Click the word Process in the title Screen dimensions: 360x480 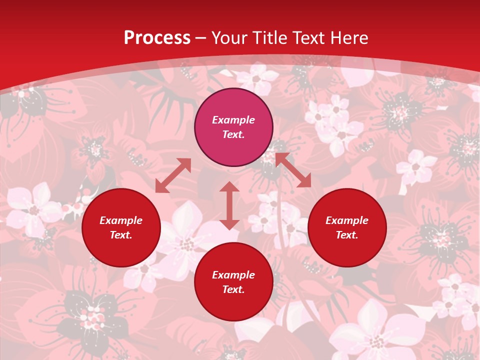pos(157,38)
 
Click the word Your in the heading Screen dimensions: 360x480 pos(229,38)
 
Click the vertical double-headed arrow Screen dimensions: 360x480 pos(229,205)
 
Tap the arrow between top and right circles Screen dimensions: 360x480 pos(293,170)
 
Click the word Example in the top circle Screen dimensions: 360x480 pos(233,120)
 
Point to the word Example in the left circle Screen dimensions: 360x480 pos(121,220)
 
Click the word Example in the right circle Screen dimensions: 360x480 pos(347,220)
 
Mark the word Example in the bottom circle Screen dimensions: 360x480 pos(233,275)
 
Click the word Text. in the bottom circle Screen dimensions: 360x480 pos(233,289)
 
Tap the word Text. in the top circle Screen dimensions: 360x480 pos(233,134)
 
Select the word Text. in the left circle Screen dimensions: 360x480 pos(121,235)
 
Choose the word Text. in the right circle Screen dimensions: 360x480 pos(347,235)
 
